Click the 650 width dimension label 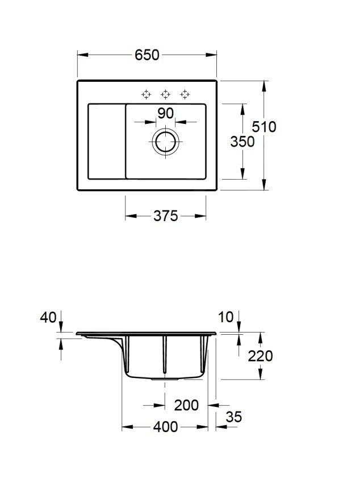147,55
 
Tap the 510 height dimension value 264,127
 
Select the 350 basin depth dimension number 242,142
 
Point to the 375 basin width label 166,216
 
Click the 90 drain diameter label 166,114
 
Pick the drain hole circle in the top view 166,142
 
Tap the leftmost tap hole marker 146,94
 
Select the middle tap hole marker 166,94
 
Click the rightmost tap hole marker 185,94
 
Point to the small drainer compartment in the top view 107,142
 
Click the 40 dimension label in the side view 48,318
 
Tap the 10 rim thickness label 226,318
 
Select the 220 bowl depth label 260,356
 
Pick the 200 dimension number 186,405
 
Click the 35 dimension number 234,417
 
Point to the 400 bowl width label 166,427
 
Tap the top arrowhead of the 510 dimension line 264,86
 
